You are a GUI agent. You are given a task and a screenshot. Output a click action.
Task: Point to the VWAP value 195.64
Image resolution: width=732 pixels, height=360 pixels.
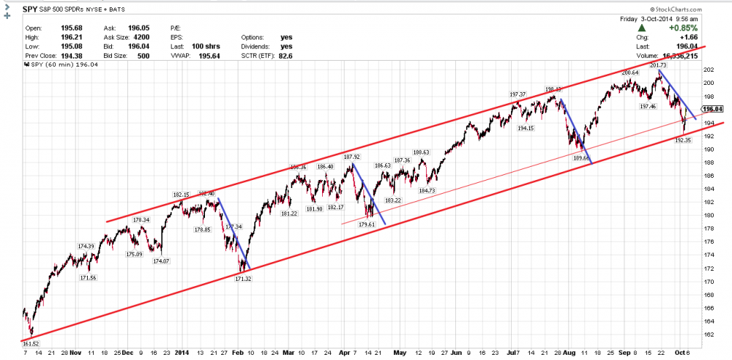(201, 53)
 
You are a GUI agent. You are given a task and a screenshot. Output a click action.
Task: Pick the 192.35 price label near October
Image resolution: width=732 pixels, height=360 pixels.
(683, 140)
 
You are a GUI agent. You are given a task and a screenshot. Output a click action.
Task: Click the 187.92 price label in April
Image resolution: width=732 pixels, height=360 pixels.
(352, 157)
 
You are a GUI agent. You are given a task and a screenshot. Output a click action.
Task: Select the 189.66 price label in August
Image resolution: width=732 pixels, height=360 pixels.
(581, 157)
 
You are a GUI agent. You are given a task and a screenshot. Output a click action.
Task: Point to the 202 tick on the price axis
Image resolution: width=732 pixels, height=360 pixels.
(709, 70)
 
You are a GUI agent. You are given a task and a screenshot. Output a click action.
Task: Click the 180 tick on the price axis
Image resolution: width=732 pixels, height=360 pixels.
(709, 215)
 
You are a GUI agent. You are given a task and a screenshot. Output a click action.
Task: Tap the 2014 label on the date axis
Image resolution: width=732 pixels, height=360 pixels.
(183, 351)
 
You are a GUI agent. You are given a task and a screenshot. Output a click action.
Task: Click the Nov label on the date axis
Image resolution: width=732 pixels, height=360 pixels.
(76, 351)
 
